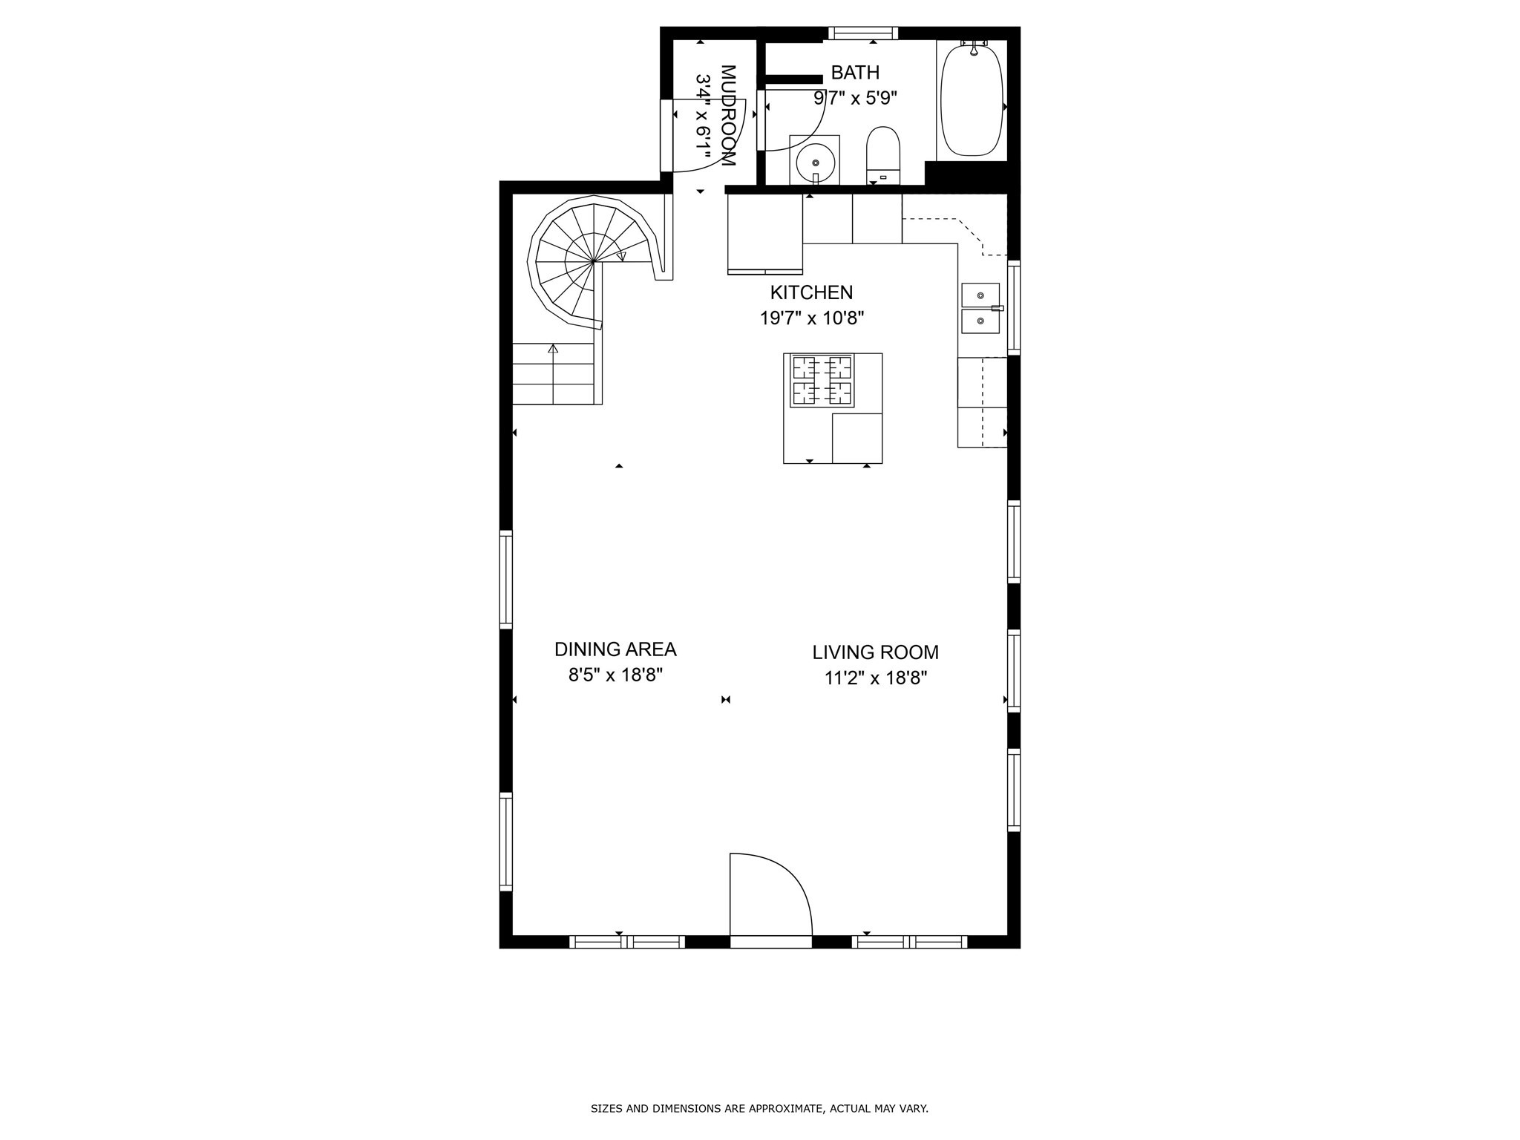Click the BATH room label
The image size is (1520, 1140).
coord(855,73)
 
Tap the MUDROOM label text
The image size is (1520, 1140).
coord(727,115)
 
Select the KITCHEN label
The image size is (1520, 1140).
coord(811,292)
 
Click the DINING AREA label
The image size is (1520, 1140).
coord(615,649)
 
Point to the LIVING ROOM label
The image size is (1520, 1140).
coord(875,652)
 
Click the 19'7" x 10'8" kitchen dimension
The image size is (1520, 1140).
coord(811,318)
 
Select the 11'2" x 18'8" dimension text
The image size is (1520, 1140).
coord(875,678)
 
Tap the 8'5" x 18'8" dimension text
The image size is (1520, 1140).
coord(615,675)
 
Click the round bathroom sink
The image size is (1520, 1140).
coord(814,161)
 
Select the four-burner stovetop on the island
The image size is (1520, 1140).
coord(822,380)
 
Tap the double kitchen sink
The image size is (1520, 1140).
coord(980,308)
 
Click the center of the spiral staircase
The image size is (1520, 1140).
coord(594,261)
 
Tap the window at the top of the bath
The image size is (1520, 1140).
coord(862,33)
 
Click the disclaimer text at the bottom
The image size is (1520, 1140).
coord(759,1109)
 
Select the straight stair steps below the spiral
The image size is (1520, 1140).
coord(554,375)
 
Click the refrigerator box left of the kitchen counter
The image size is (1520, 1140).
coord(764,234)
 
